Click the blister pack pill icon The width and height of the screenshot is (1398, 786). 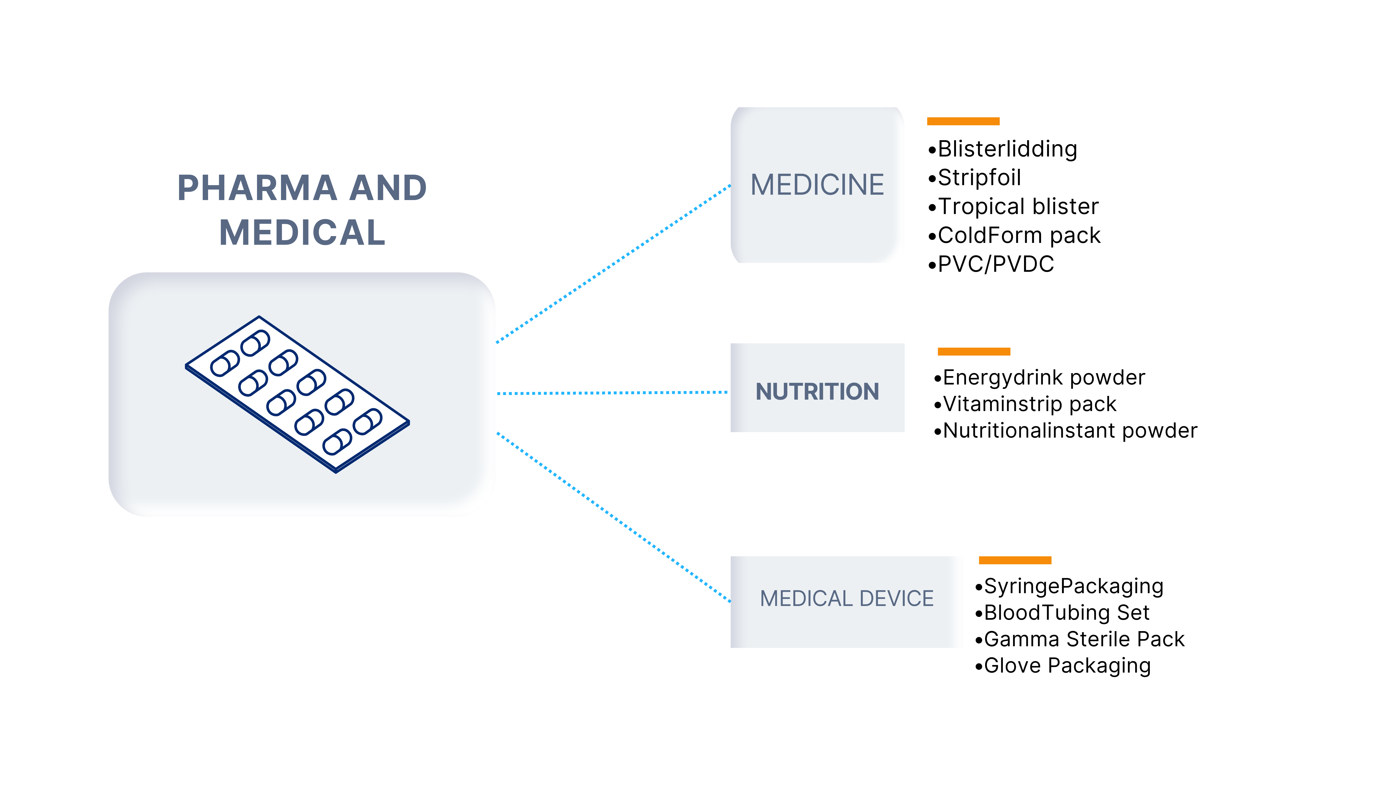(297, 394)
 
